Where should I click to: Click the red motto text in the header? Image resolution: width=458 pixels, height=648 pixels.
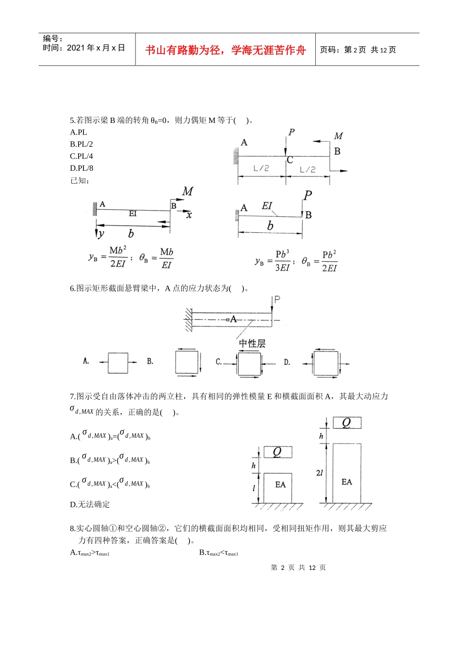[225, 50]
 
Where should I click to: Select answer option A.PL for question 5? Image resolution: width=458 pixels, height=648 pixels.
[79, 132]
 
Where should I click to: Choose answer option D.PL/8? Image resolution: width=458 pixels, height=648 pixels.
[81, 168]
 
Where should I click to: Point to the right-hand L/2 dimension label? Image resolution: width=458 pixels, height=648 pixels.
[308, 170]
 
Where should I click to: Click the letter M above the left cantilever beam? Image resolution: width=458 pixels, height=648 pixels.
[188, 191]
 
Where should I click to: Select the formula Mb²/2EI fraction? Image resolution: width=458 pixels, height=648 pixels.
[118, 257]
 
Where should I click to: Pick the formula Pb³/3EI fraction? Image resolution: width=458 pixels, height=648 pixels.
[282, 261]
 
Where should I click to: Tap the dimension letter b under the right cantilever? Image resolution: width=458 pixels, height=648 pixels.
[270, 226]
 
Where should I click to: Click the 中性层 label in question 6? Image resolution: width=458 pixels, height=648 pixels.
[252, 343]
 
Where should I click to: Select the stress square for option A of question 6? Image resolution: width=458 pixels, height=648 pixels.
[118, 363]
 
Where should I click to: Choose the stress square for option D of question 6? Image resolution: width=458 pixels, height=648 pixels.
[325, 363]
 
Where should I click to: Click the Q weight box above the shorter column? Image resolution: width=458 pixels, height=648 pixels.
[278, 452]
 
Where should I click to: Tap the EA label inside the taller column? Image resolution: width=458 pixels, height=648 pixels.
[347, 482]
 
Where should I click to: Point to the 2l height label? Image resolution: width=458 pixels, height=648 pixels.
[319, 473]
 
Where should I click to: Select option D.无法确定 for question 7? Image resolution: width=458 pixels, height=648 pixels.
[90, 504]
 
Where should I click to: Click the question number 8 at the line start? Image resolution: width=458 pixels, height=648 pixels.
[72, 528]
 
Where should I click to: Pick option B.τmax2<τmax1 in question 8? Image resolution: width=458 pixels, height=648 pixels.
[219, 553]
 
